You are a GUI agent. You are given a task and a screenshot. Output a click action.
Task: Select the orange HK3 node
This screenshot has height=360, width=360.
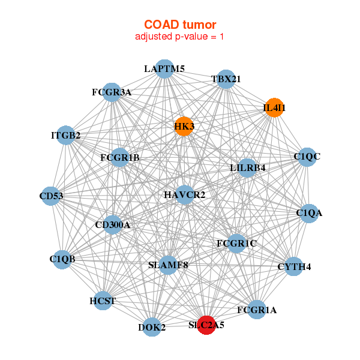pyautogui.click(x=184, y=126)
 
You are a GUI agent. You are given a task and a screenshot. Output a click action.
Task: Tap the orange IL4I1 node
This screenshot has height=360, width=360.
pyautogui.click(x=274, y=108)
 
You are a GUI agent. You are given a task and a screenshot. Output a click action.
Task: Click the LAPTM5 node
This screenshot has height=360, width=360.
pyautogui.click(x=164, y=69)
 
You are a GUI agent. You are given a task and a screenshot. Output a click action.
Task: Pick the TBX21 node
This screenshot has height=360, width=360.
pyautogui.click(x=226, y=79)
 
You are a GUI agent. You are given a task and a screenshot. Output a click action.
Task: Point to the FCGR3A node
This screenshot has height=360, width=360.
pyautogui.click(x=112, y=92)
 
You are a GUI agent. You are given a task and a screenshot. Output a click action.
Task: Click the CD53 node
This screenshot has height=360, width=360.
pyautogui.click(x=52, y=196)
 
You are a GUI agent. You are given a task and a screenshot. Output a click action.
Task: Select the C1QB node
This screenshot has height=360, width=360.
pyautogui.click(x=62, y=259)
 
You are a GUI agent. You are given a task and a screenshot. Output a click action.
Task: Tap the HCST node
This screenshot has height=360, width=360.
pyautogui.click(x=103, y=301)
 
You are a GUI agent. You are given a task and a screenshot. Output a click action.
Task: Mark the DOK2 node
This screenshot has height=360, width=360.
pyautogui.click(x=152, y=327)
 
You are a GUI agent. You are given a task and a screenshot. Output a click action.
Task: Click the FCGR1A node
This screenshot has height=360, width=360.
pyautogui.click(x=257, y=310)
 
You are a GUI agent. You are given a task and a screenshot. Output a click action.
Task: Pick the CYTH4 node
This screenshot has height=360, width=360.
pyautogui.click(x=293, y=266)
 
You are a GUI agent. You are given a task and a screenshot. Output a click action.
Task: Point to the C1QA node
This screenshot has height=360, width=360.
pyautogui.click(x=309, y=213)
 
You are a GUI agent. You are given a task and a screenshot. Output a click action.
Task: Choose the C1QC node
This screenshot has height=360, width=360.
pyautogui.click(x=307, y=157)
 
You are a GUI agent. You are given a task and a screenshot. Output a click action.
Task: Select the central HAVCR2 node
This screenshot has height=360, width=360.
pyautogui.click(x=185, y=195)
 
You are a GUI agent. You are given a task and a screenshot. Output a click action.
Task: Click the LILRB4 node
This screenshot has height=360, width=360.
pyautogui.click(x=247, y=168)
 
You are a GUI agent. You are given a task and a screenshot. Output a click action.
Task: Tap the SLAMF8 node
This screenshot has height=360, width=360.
pyautogui.click(x=168, y=265)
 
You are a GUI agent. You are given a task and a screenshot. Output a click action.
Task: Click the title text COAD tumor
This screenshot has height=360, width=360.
pyautogui.click(x=180, y=25)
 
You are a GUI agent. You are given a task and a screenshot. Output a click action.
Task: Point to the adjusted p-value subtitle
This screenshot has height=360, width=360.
pyautogui.click(x=180, y=37)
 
